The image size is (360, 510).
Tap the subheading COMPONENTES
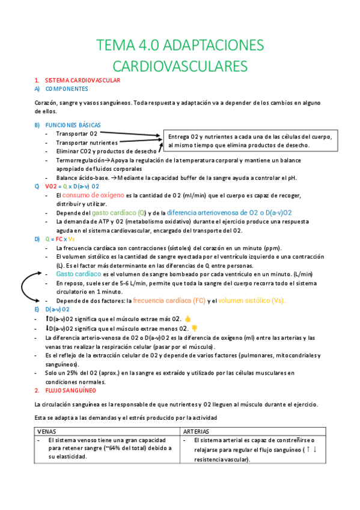coord(67,88)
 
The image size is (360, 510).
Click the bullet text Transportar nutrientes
coord(87,143)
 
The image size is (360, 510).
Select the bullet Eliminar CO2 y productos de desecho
coord(106,152)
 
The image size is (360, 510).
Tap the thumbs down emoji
coord(194,328)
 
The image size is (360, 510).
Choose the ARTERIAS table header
coord(197,432)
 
